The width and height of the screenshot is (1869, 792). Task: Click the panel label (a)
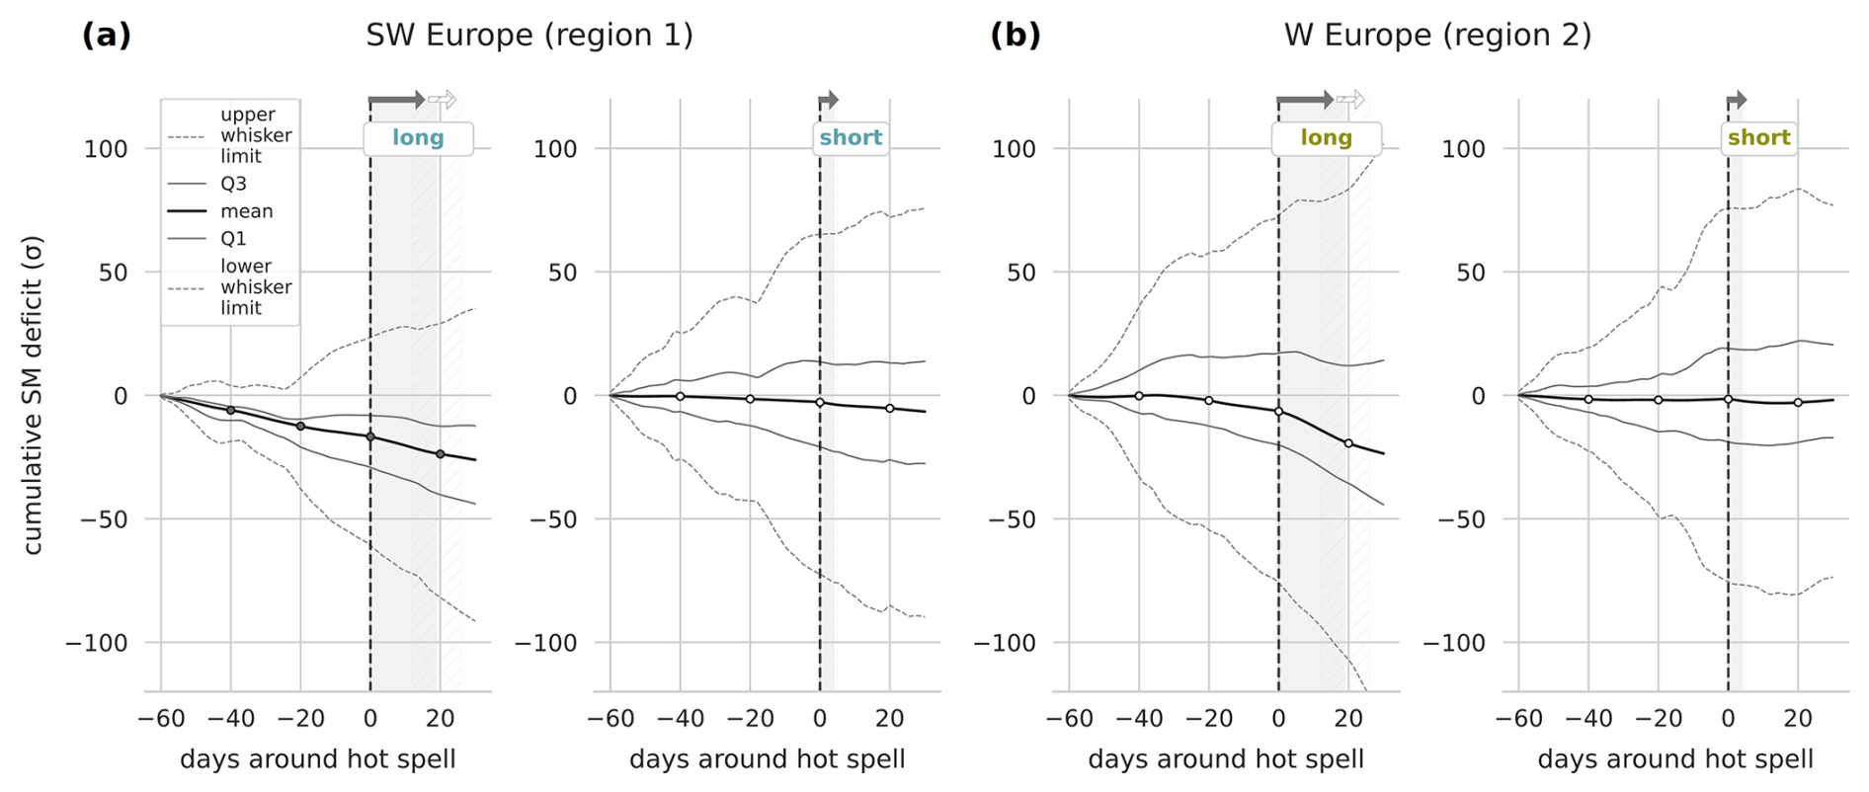[x=106, y=36]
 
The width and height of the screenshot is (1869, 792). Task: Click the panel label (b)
[x=1015, y=36]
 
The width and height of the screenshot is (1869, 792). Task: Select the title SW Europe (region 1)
[x=529, y=36]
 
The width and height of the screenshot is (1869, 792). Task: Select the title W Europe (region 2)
[x=1437, y=36]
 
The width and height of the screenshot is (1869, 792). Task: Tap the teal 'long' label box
[x=418, y=138]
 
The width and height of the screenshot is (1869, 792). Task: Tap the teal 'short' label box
[x=851, y=138]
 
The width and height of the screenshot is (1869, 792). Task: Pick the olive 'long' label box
[x=1326, y=138]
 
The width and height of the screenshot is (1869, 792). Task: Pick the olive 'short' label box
[x=1758, y=138]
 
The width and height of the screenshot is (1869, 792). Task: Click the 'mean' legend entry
[x=246, y=211]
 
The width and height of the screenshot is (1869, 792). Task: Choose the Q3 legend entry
[x=233, y=184]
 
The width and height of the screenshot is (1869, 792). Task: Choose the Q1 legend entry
[x=233, y=239]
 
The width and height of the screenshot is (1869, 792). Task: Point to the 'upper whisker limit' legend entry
[x=255, y=135]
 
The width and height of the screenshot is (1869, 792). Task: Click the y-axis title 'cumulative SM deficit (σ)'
[x=33, y=395]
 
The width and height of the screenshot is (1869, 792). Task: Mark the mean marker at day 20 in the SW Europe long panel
[x=441, y=454]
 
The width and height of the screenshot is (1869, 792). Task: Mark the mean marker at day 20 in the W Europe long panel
[x=1348, y=443]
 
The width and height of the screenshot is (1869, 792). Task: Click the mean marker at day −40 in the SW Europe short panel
[x=680, y=396]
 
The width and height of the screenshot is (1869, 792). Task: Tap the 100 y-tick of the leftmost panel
[x=106, y=149]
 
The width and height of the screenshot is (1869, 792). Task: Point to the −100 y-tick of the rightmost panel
[x=1455, y=643]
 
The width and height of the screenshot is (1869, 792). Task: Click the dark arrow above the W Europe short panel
[x=1736, y=100]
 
